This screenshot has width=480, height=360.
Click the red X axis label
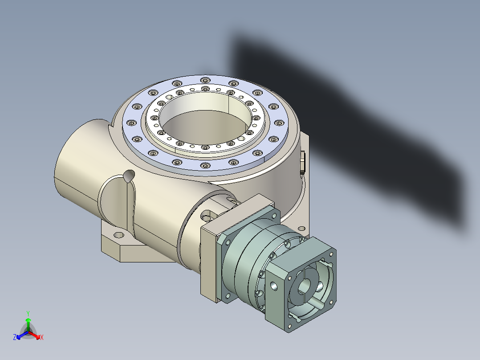pos(41,338)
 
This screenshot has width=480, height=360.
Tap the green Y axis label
pos(28,313)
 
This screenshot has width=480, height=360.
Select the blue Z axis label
pos(15,338)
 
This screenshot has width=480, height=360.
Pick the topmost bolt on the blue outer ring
pos(204,80)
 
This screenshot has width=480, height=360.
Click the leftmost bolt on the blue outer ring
pos(130,123)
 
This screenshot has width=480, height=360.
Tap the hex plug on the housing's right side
pos(302,162)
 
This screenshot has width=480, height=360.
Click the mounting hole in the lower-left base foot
pos(119,235)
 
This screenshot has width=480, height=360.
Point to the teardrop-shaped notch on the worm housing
pos(129,176)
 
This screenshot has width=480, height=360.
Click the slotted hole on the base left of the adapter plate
pos(206,217)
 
